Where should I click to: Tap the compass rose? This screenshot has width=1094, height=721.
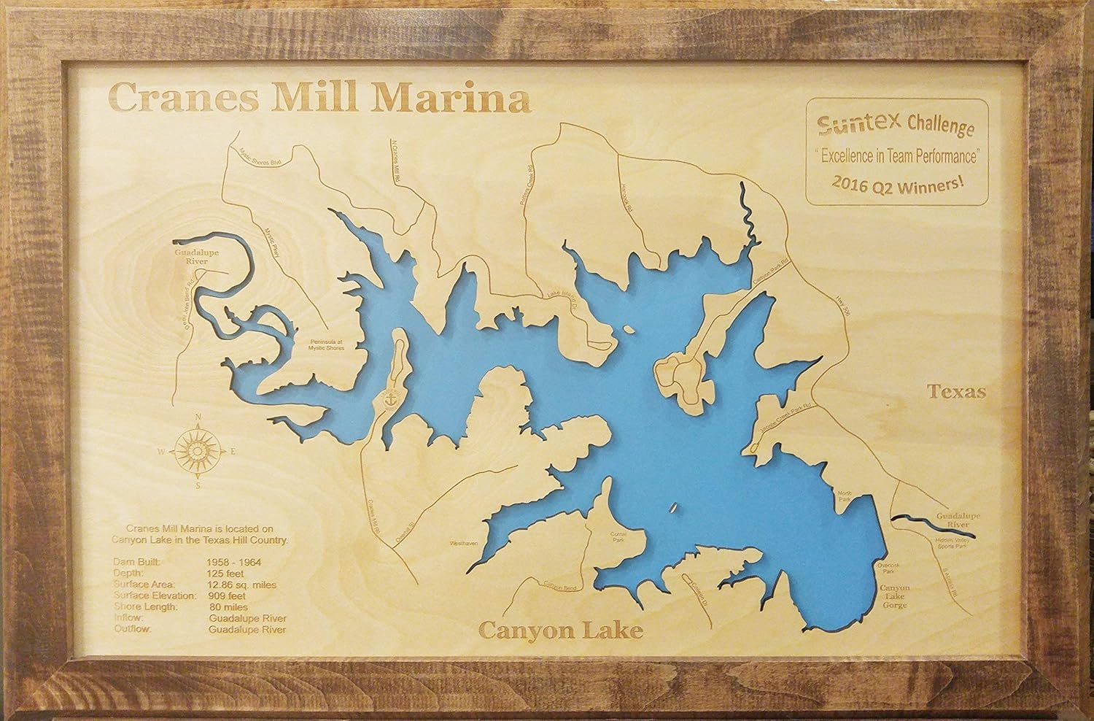point(196,452)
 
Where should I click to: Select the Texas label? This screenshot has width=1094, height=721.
point(956,392)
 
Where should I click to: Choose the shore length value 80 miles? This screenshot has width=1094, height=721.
point(228,606)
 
